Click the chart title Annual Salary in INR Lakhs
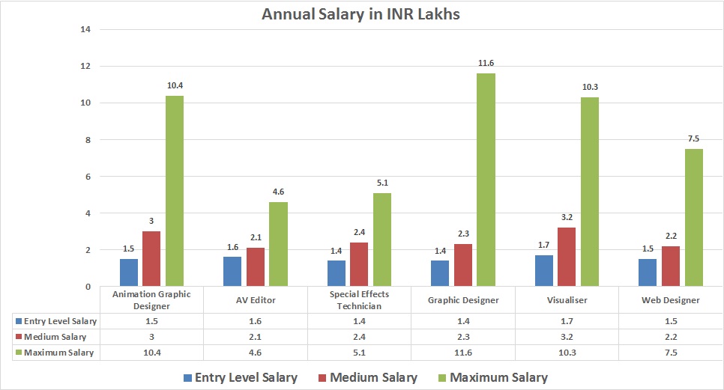[x=361, y=14]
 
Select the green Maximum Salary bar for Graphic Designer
[x=486, y=180]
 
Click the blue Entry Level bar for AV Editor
[x=233, y=272]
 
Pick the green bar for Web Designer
[x=693, y=218]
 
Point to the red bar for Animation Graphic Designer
[x=151, y=258]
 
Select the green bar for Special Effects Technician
[x=382, y=240]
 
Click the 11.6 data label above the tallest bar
[x=486, y=63]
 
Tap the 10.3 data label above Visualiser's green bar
[x=590, y=87]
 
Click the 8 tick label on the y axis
[x=87, y=140]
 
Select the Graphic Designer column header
[x=463, y=300]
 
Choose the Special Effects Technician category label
[x=360, y=300]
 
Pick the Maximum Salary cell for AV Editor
[x=256, y=353]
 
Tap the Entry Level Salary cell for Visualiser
[x=567, y=320]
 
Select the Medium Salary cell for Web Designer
[x=671, y=336]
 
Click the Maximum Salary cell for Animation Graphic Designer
[x=152, y=353]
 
